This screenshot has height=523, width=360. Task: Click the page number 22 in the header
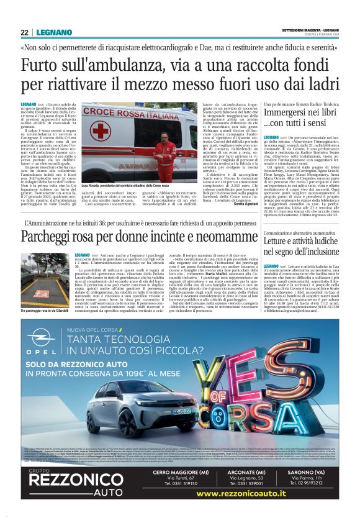pos(25,33)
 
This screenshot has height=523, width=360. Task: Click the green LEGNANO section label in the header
pos(50,33)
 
